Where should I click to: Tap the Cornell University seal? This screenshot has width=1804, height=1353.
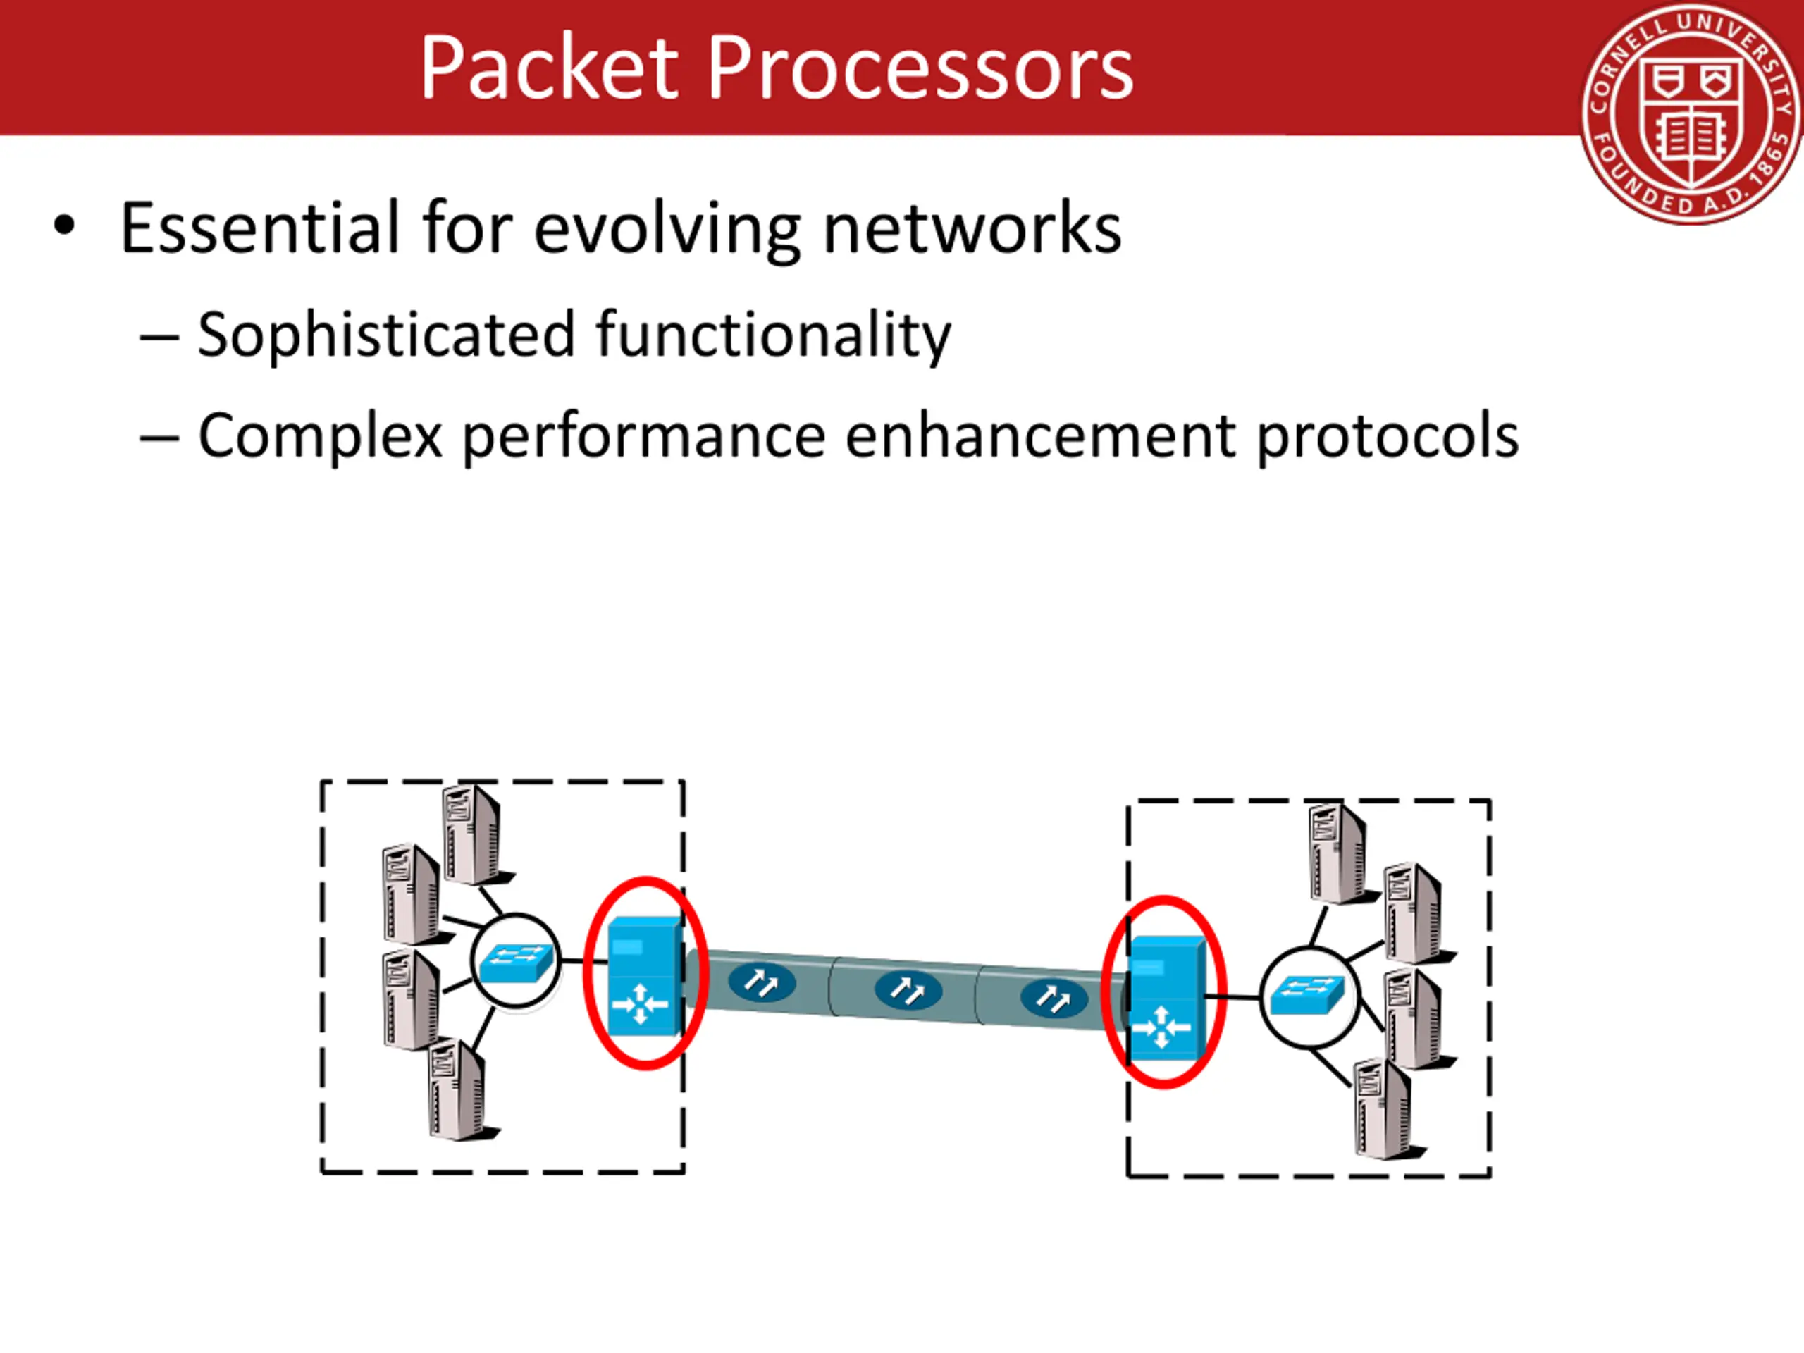pyautogui.click(x=1691, y=115)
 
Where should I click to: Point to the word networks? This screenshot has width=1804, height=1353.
pyautogui.click(x=972, y=228)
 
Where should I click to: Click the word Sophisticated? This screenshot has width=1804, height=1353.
pyautogui.click(x=387, y=335)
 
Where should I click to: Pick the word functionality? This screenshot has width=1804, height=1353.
pyautogui.click(x=773, y=335)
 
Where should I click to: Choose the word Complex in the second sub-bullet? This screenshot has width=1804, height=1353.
pyautogui.click(x=321, y=436)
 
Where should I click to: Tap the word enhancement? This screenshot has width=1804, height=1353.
pyautogui.click(x=1040, y=436)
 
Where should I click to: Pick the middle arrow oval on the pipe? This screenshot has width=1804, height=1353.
pyautogui.click(x=908, y=991)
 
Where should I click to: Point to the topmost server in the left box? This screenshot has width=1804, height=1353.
pyautogui.click(x=476, y=834)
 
